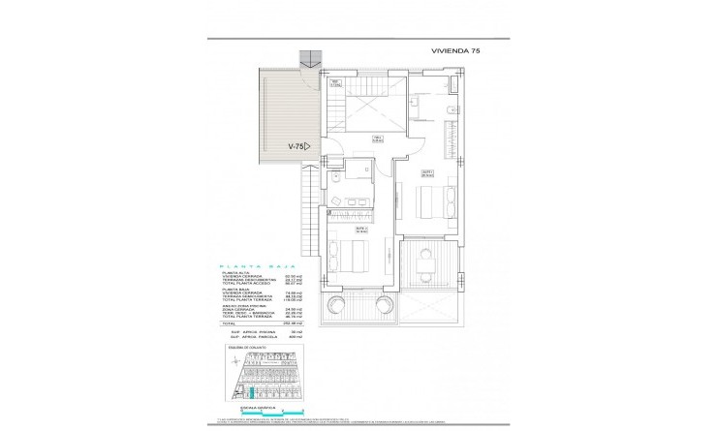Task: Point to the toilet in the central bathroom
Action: click(x=333, y=181)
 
